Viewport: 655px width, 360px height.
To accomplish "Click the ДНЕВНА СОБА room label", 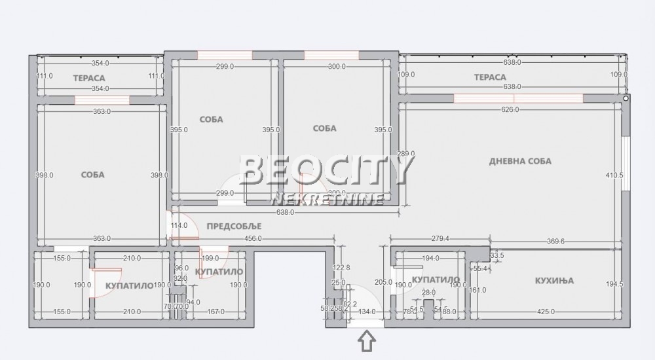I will (521, 161).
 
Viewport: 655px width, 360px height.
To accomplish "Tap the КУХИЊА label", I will (554, 280).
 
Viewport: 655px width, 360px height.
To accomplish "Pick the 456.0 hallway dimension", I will (253, 239).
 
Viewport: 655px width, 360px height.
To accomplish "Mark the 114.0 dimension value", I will (179, 226).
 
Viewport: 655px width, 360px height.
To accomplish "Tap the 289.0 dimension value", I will (407, 154).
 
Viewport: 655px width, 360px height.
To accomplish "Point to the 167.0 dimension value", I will (214, 312).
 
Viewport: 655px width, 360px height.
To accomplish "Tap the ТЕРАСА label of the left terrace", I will (89, 77).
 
